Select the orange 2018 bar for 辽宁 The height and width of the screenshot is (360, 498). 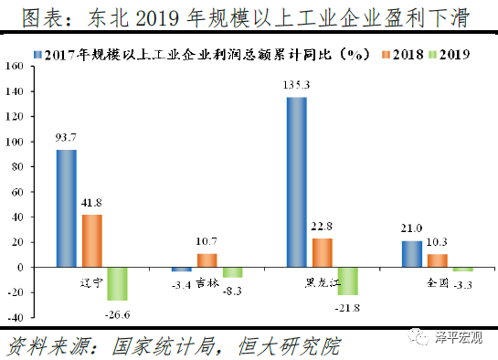(92, 240)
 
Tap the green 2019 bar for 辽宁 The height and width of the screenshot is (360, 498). (117, 284)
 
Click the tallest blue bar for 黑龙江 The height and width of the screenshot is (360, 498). (297, 182)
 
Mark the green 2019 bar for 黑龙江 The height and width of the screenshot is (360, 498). (348, 281)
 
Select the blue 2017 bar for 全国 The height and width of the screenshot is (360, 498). (412, 254)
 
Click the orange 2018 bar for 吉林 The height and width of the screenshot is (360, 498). (207, 260)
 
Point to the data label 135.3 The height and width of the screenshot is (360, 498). (297, 86)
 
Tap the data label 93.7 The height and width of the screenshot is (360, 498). (67, 138)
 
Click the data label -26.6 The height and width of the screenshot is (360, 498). (118, 315)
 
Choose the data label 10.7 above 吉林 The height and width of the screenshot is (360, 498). (207, 242)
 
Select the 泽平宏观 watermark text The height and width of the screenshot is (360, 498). (463, 340)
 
